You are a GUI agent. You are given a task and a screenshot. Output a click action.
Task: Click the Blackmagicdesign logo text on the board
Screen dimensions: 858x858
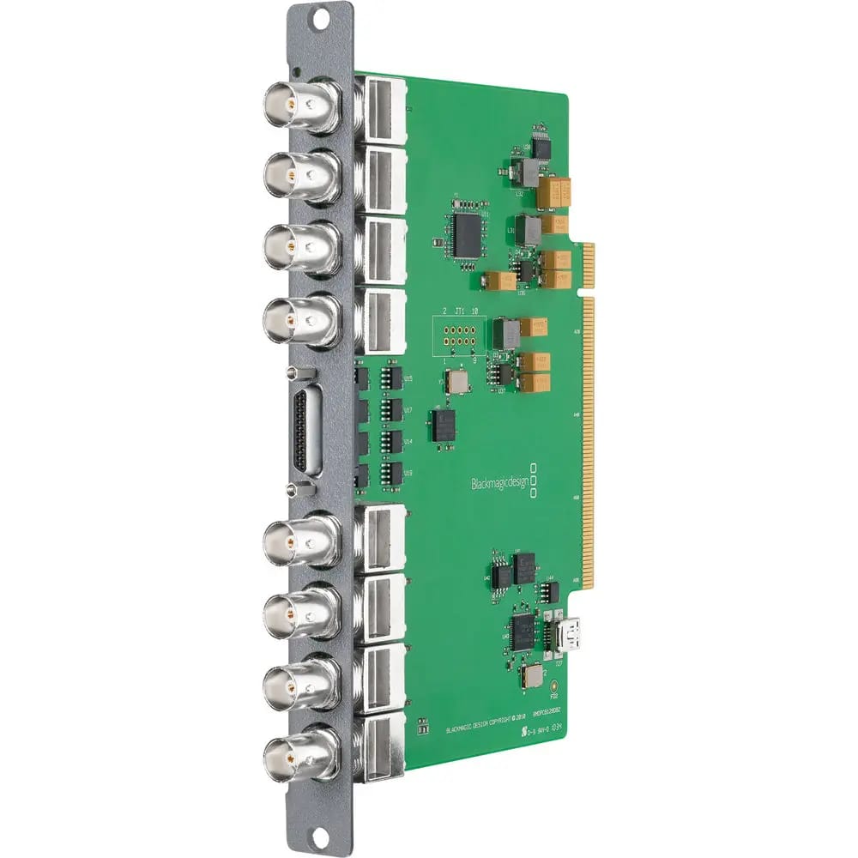tap(499, 483)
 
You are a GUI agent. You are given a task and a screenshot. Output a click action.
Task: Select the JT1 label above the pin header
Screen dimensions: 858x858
tap(461, 311)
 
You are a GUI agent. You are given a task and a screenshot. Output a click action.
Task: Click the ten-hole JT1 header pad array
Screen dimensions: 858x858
tap(459, 335)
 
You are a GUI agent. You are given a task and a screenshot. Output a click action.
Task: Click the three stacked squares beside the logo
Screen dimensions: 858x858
tap(535, 480)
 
